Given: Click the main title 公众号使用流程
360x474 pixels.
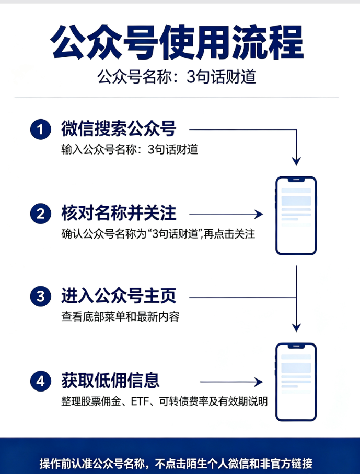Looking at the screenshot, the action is (177, 43).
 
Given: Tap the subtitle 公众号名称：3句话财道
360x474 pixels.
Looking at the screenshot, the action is (177, 77).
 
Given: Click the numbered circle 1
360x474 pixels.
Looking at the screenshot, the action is (41, 129).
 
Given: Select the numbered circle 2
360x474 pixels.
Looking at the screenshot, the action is (41, 214).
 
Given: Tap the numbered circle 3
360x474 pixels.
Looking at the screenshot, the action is (41, 297).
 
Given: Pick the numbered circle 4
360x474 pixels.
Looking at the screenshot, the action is (41, 381).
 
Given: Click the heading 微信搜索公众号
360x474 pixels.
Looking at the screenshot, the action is (119, 128).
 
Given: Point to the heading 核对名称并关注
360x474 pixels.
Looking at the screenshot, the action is (119, 213).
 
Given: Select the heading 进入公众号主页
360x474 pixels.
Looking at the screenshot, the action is (119, 295).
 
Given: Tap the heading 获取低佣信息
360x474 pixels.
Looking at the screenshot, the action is (110, 380).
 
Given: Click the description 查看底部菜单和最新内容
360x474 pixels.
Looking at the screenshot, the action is (120, 316).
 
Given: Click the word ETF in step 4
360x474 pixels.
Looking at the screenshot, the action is (140, 401).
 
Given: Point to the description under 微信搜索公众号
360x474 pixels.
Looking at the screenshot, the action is (130, 149).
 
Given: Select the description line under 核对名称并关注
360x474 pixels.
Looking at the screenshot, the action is (158, 234).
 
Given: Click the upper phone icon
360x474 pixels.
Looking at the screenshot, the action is (296, 216).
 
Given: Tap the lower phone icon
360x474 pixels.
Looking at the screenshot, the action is (296, 382).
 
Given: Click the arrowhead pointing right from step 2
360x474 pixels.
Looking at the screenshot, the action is (259, 215).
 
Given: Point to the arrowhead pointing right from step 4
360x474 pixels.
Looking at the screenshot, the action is (258, 382).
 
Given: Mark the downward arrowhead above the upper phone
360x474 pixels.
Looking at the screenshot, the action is (296, 161).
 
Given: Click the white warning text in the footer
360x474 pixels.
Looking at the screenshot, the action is (176, 463).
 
